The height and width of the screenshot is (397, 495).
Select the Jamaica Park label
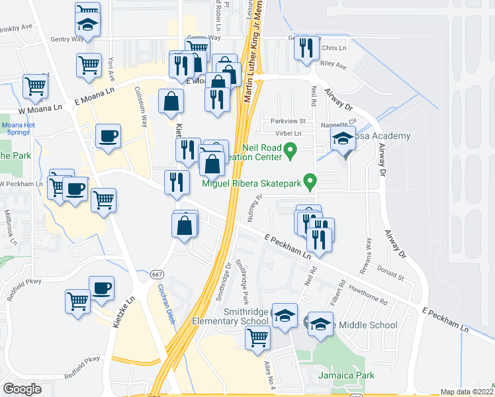point(341,375)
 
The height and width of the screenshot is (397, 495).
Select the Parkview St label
point(288,121)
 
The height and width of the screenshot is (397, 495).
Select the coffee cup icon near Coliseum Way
point(108,136)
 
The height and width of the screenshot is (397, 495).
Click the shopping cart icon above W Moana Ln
point(35,86)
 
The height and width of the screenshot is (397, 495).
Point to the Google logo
point(22,389)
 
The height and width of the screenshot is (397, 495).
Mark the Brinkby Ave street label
point(17,28)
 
